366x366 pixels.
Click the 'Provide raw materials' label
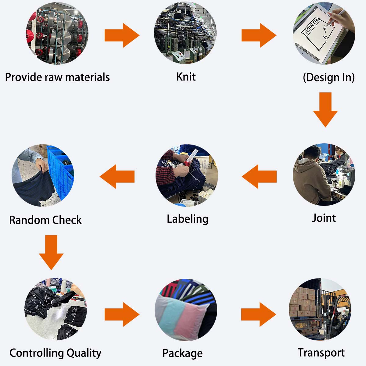[57, 77]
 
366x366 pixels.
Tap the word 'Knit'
[186, 77]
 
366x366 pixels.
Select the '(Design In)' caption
[328, 77]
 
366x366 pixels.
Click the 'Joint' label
[324, 218]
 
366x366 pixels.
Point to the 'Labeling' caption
[187, 219]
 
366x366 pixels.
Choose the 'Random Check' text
[45, 220]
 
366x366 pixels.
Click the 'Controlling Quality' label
[55, 353]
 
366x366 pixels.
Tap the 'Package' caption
[182, 353]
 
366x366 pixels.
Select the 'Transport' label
[321, 353]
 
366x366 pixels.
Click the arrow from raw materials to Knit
[122, 35]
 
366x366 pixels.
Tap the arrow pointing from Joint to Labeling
[260, 177]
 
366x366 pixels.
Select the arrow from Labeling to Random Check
[117, 177]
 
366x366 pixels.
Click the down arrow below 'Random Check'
[51, 252]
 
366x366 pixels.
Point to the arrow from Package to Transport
[258, 314]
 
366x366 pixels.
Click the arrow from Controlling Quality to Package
[122, 314]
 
